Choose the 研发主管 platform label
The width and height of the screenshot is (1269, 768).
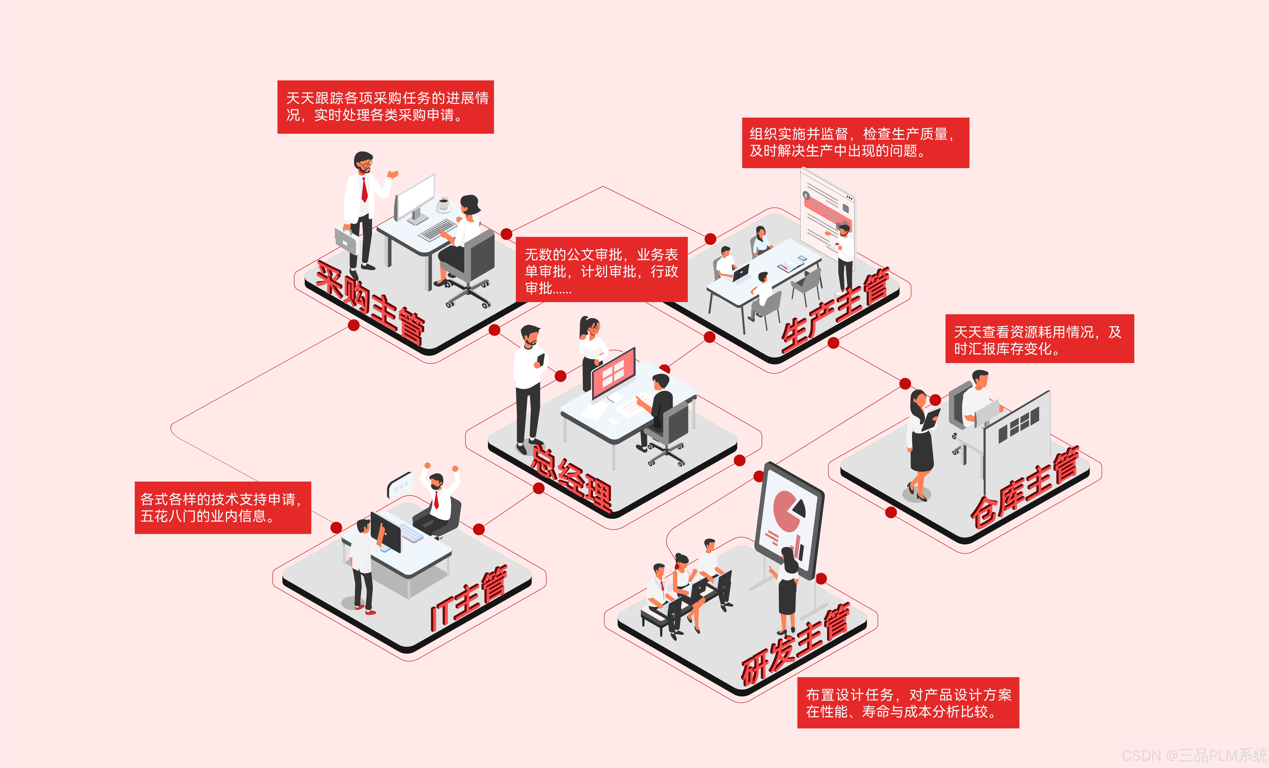coord(796,646)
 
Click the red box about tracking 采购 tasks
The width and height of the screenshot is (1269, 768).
coord(385,107)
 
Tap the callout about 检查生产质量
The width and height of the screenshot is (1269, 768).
coord(855,143)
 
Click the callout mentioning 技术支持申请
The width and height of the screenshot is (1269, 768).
coord(223,508)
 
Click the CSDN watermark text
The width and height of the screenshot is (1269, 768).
coord(1195,755)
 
